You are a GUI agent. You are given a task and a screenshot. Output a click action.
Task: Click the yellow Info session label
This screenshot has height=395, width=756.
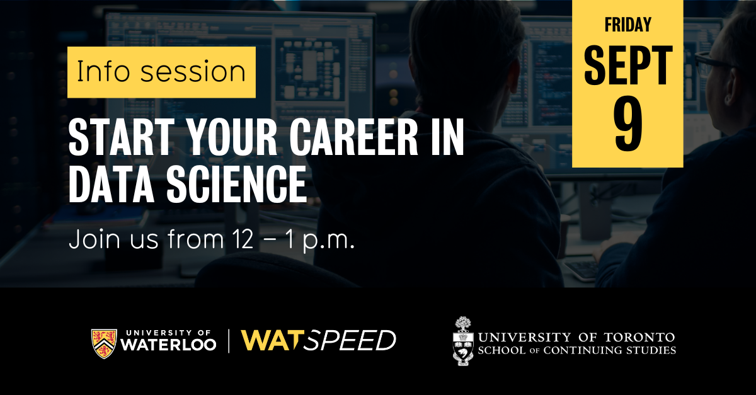tap(161, 72)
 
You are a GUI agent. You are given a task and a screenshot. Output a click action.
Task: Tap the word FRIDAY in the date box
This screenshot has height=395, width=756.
tap(627, 25)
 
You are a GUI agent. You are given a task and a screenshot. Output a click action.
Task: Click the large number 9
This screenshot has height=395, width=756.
tap(628, 124)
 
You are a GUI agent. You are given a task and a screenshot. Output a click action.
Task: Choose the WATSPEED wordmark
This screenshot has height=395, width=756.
tap(319, 341)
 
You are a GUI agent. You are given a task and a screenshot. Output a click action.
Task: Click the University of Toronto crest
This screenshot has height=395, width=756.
tap(464, 341)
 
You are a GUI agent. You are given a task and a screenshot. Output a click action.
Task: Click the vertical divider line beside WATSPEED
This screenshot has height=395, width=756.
tap(229, 341)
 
